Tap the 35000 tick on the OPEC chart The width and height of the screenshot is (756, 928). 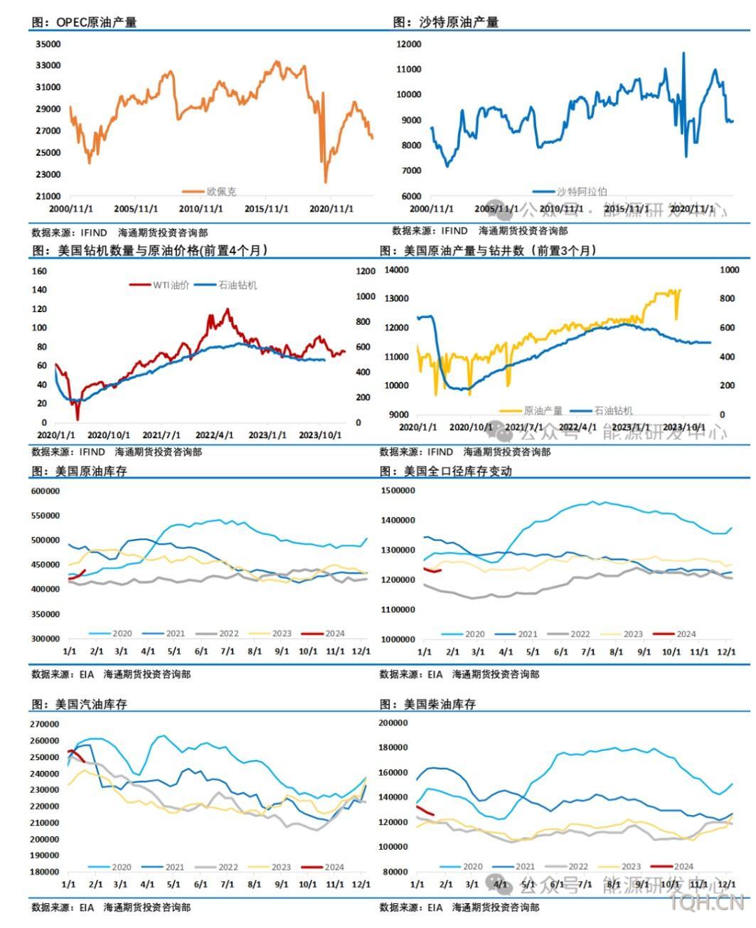pos(48,44)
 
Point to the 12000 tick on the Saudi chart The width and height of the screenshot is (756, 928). pos(409,44)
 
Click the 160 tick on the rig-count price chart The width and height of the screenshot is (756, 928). pos(40,271)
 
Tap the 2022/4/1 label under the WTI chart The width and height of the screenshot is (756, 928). pos(215,435)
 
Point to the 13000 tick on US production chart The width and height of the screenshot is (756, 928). pos(397,299)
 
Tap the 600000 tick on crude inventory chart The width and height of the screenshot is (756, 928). pos(46,491)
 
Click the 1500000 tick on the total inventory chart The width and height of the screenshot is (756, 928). pos(398,491)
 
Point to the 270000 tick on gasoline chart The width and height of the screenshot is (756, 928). pos(46,724)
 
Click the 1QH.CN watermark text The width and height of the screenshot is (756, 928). pos(707,904)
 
